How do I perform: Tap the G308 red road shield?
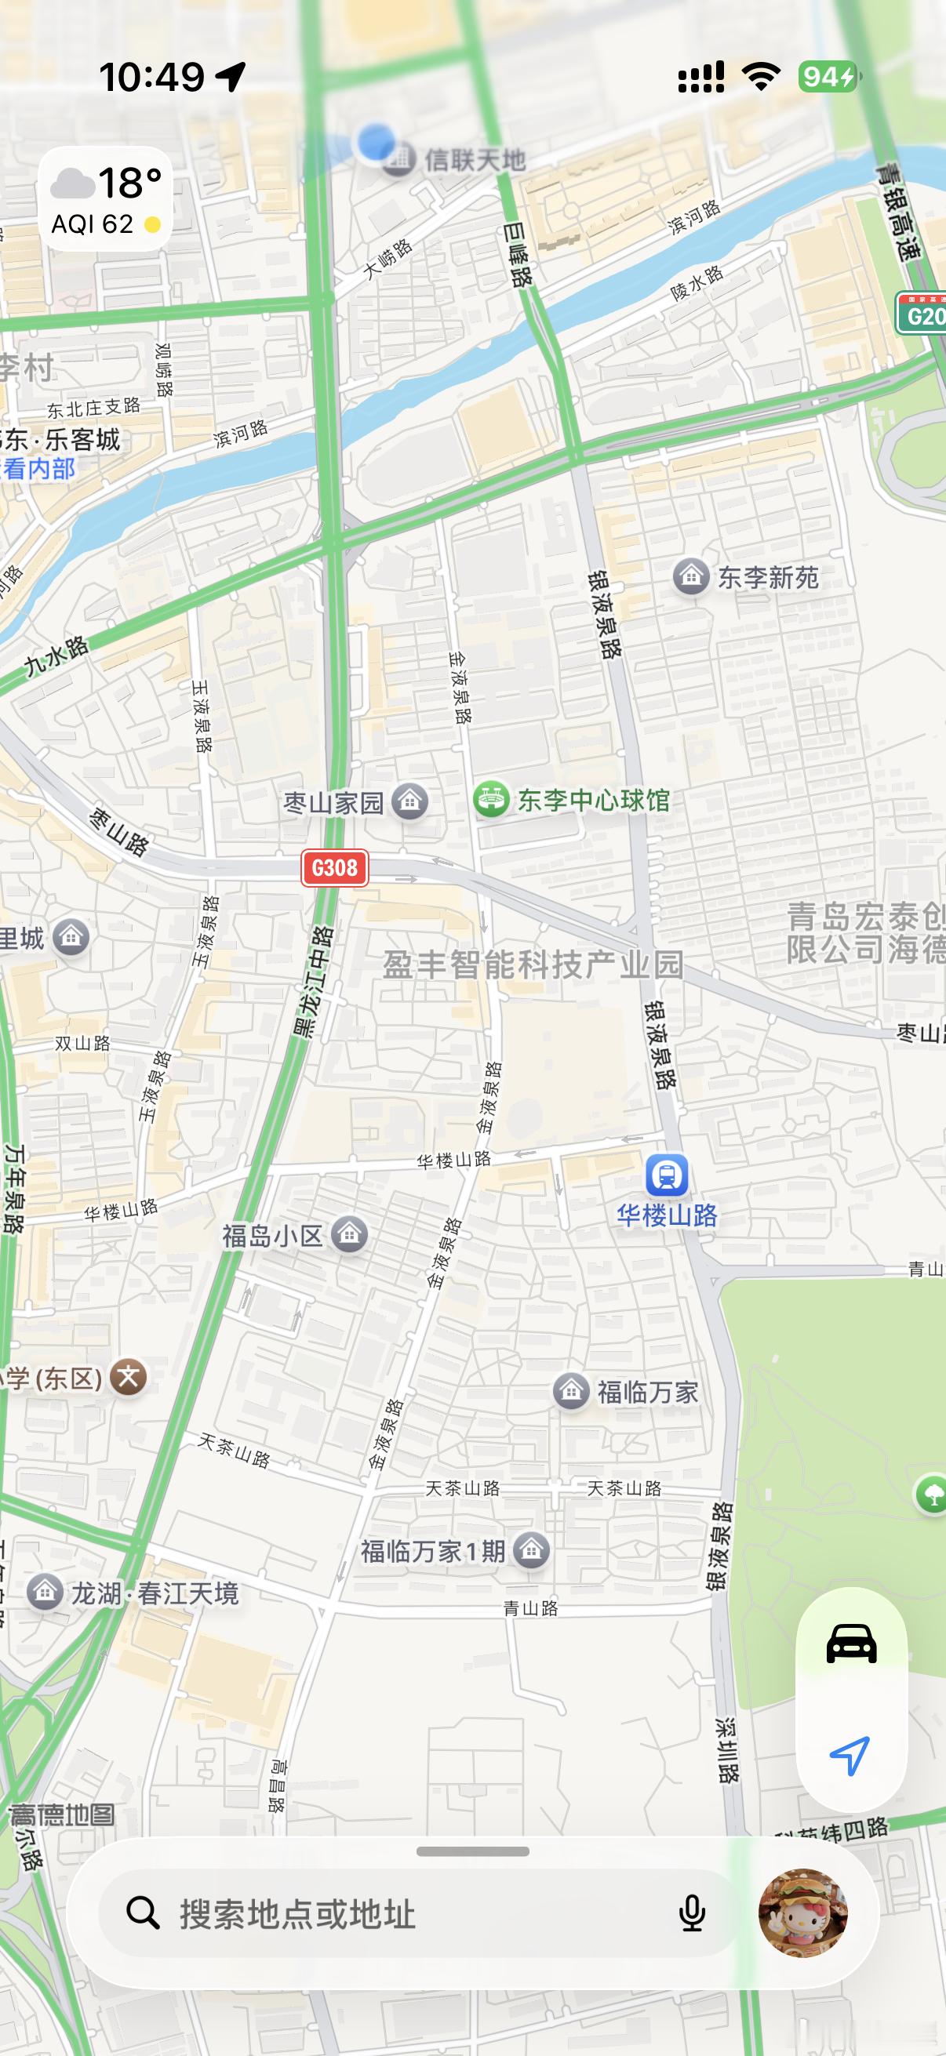coord(334,866)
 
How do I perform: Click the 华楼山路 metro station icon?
coord(667,1175)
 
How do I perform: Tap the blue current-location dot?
coord(374,142)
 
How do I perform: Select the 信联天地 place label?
coord(475,160)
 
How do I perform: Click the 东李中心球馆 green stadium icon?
coord(491,799)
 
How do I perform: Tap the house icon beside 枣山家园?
coord(410,801)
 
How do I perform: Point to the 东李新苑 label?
coord(767,577)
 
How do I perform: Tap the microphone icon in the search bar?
coord(691,1913)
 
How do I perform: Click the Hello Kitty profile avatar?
coord(802,1913)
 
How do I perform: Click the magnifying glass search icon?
coord(143,1913)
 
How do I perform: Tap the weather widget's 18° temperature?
coord(130,183)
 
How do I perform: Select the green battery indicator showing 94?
coord(827,77)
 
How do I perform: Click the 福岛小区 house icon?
coord(349,1235)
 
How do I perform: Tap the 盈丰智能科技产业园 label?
coord(533,964)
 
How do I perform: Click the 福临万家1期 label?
coord(432,1551)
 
